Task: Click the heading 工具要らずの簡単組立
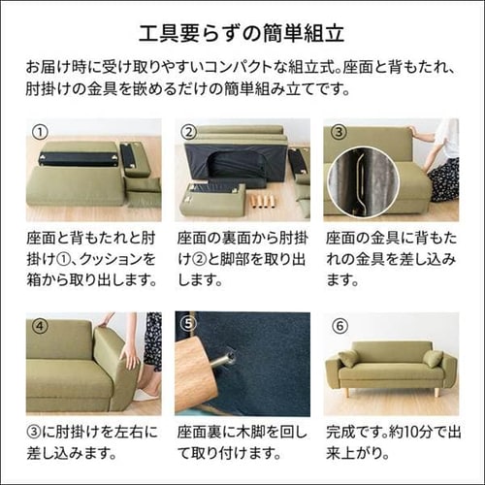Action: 242,37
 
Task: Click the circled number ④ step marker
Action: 40,325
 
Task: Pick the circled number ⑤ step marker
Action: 189,325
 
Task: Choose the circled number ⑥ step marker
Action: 338,325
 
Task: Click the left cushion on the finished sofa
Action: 348,360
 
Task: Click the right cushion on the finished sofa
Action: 433,359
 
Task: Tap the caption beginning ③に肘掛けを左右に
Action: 92,441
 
